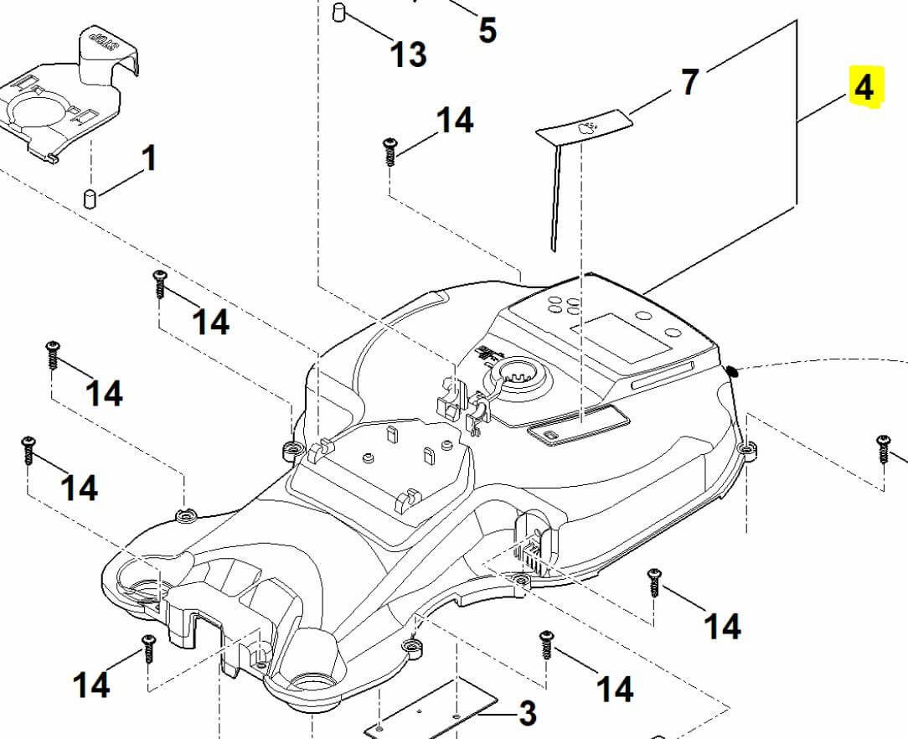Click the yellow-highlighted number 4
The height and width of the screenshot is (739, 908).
pos(864,87)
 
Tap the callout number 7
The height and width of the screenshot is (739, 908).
pos(689,82)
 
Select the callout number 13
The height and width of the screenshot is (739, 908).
pos(408,54)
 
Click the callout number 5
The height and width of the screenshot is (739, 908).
pos(487,30)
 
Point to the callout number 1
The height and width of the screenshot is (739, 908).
pos(149,158)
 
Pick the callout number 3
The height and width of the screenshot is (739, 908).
pos(527,713)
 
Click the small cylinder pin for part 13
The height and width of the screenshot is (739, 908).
pos(340,13)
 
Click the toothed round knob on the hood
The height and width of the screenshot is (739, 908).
pos(520,375)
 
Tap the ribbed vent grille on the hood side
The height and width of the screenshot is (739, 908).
pos(530,555)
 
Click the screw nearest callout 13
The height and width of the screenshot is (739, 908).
pos(390,152)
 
